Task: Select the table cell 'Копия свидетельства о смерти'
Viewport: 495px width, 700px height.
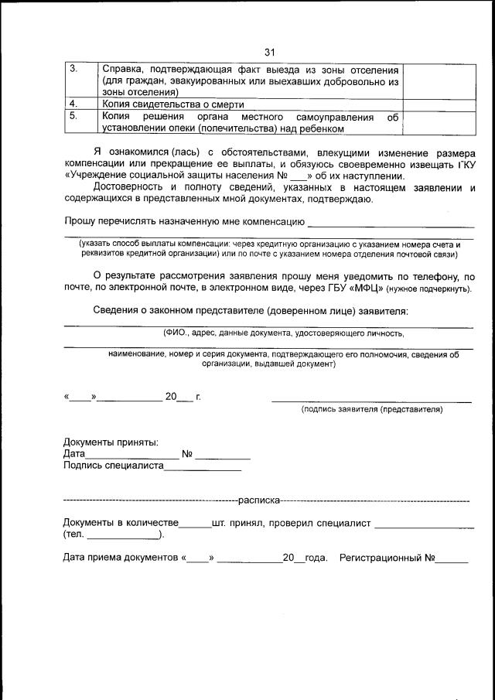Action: [172, 104]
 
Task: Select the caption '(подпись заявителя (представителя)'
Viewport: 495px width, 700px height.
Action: [372, 409]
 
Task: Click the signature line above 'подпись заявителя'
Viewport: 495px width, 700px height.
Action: [371, 401]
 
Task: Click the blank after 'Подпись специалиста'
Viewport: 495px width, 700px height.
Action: [203, 468]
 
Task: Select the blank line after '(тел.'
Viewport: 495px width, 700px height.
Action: [122, 538]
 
